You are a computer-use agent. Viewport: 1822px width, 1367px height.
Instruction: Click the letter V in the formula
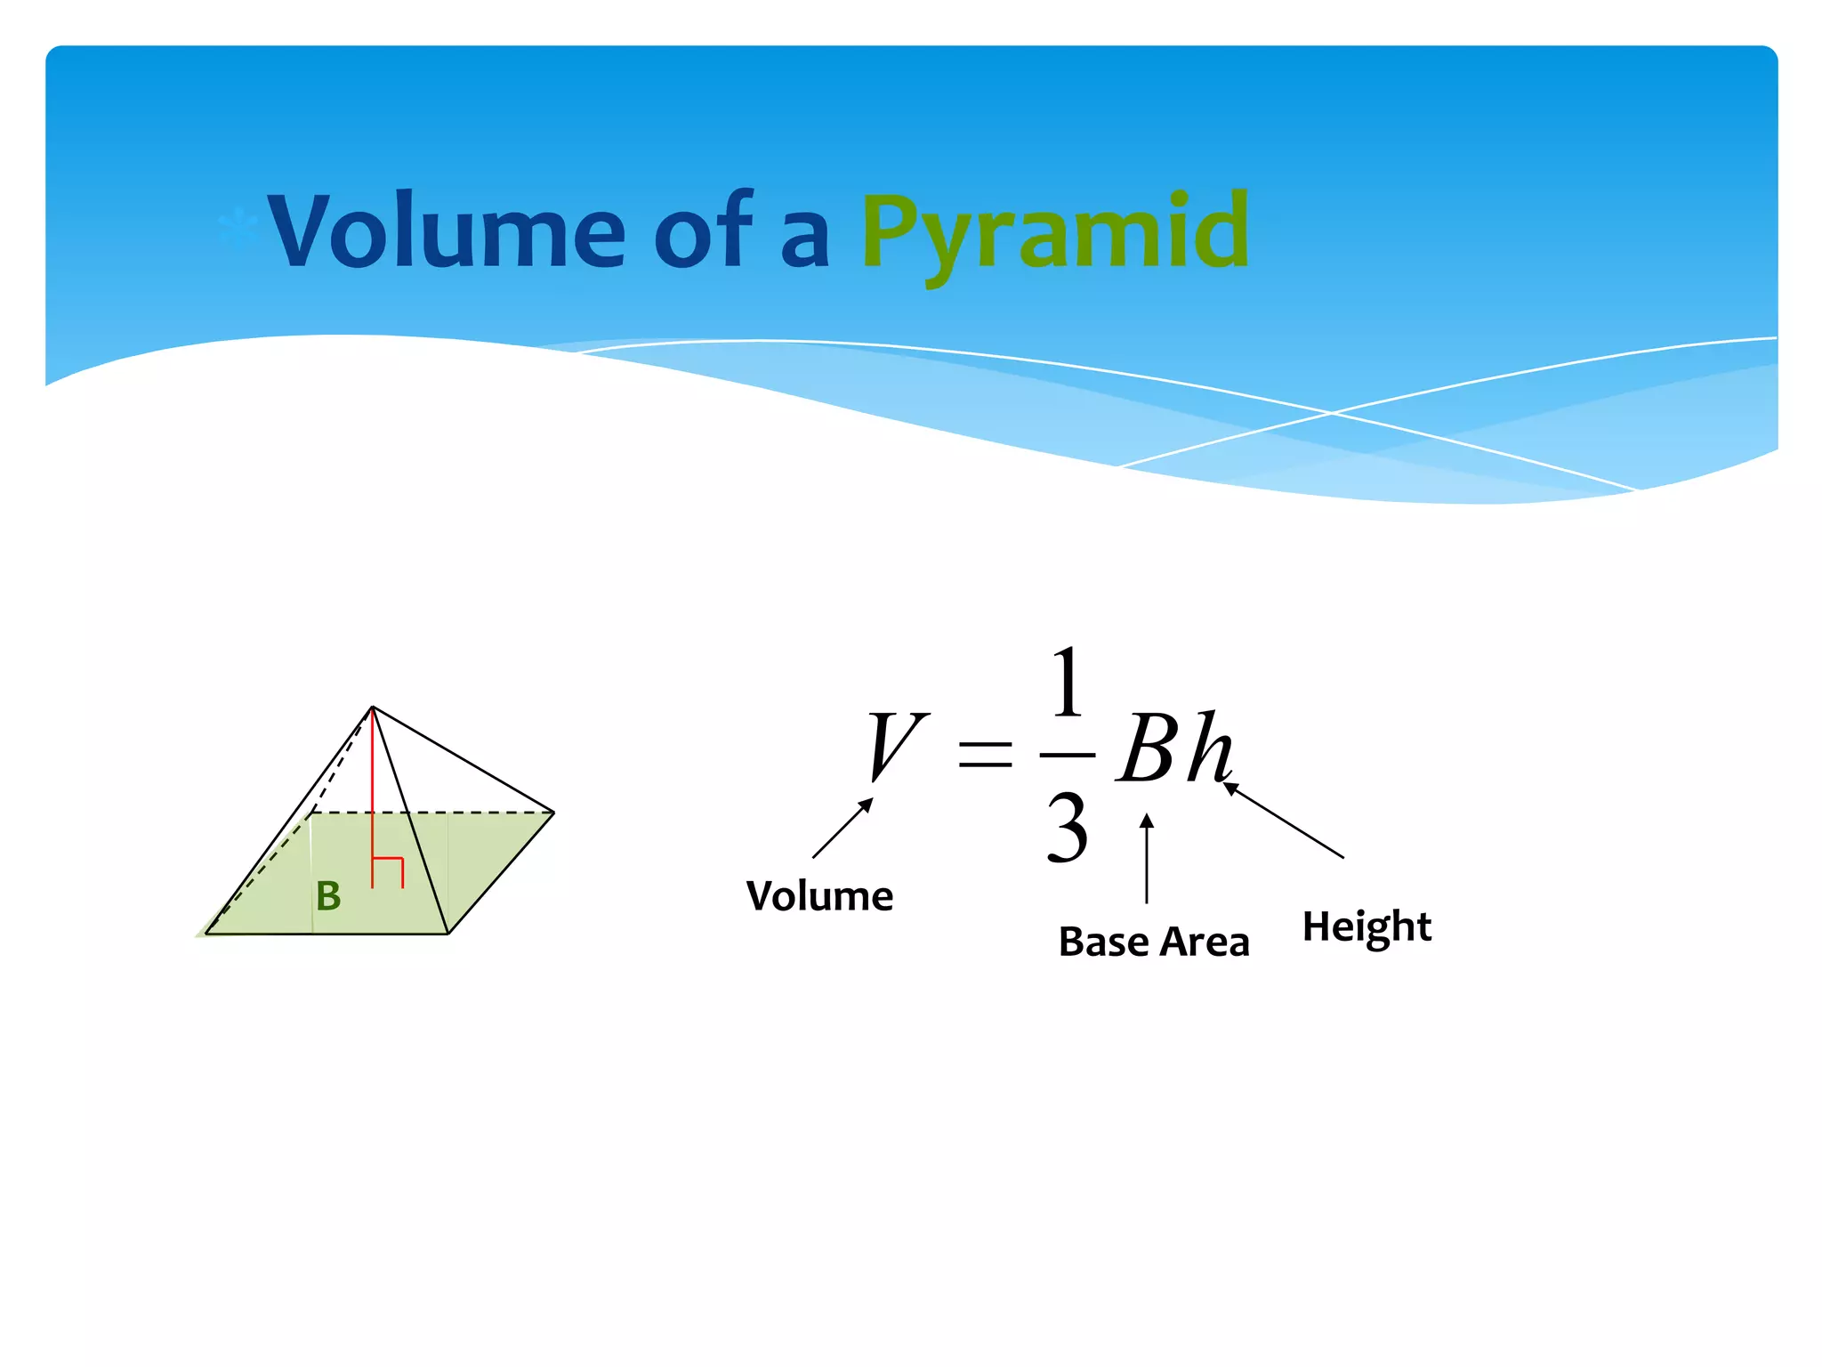(x=895, y=746)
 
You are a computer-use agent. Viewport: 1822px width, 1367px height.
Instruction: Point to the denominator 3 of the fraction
(x=1067, y=829)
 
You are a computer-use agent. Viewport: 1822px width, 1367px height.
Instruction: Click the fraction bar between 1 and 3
(x=1067, y=756)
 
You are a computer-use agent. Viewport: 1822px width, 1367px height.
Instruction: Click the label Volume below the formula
(x=819, y=895)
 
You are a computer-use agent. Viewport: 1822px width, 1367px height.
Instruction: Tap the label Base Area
(x=1154, y=941)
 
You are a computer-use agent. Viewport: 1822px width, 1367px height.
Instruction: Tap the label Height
(x=1366, y=927)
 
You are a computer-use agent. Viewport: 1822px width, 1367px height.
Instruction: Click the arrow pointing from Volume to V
(x=842, y=829)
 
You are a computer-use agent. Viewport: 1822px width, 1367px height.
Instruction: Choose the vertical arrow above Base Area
(x=1147, y=858)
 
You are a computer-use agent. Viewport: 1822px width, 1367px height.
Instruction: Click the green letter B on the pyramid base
(x=328, y=896)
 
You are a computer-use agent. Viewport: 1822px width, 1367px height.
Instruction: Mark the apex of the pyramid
(x=373, y=708)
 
